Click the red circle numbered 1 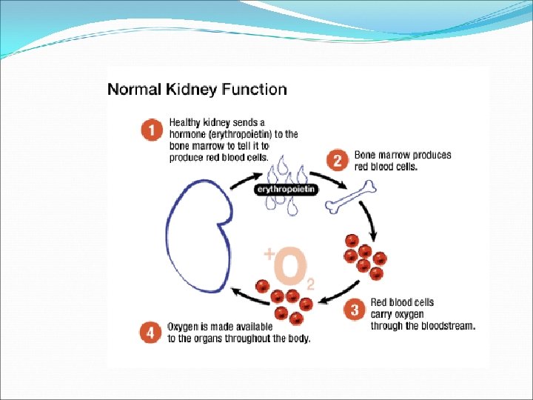(152, 131)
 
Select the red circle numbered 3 (355, 312)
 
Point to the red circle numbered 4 (152, 332)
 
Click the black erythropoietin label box (286, 190)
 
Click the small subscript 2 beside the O (311, 284)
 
